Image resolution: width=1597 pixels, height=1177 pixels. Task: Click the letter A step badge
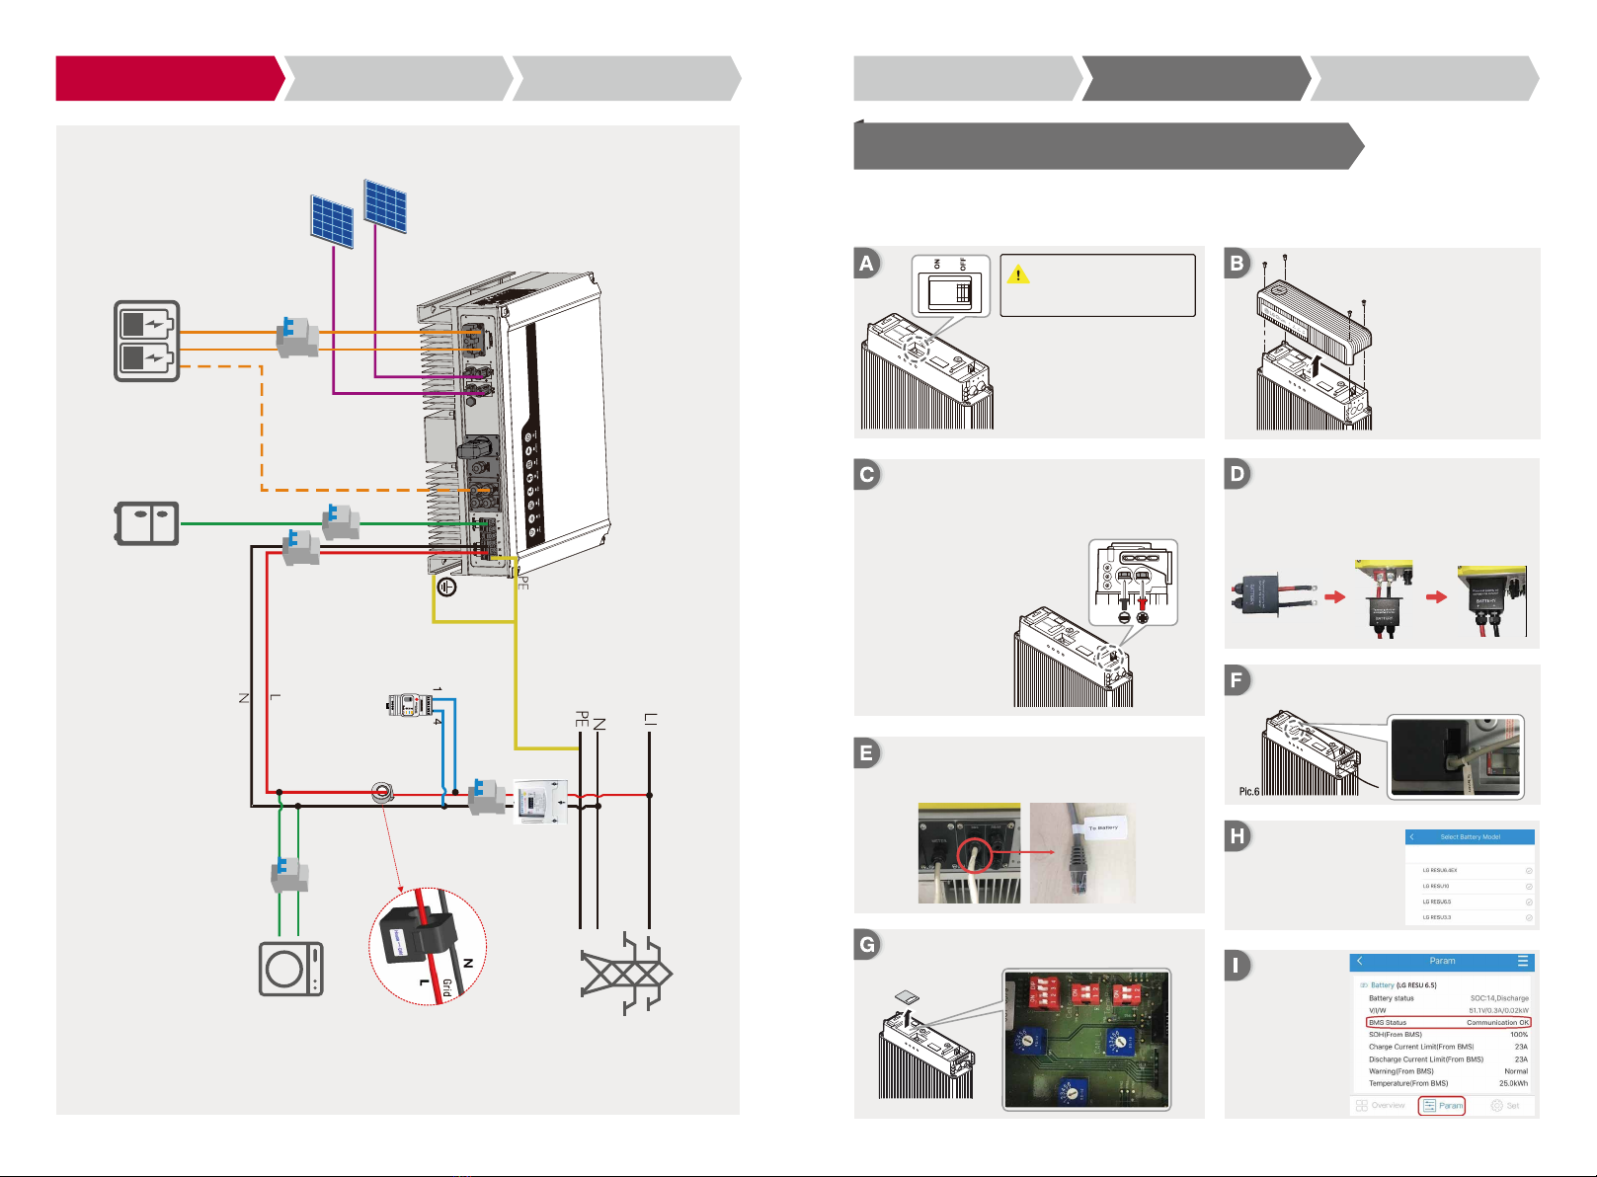[x=867, y=263]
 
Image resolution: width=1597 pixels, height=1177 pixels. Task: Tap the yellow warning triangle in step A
[x=1017, y=274]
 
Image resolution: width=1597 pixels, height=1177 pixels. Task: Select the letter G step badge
[x=867, y=945]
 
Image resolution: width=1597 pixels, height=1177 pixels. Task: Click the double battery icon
[x=147, y=341]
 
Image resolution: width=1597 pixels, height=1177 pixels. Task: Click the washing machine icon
[x=290, y=969]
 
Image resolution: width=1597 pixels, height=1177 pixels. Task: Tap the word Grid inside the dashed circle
[x=447, y=987]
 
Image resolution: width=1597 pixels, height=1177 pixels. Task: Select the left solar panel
[x=332, y=221]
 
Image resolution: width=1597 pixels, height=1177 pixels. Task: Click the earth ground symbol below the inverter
[x=446, y=587]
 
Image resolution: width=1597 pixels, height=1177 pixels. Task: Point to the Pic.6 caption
[x=1249, y=791]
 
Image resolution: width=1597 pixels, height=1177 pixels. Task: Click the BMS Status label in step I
[x=1388, y=1023]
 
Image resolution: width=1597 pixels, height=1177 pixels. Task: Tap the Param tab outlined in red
[x=1442, y=1106]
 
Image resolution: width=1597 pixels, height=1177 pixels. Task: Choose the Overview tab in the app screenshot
[x=1381, y=1106]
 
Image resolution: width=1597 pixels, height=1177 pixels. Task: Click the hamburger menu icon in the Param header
[x=1523, y=961]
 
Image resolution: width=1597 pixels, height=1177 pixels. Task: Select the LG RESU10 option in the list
[x=1436, y=886]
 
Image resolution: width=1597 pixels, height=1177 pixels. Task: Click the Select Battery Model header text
[x=1470, y=837]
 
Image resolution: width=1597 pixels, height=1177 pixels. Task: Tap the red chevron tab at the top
[x=169, y=79]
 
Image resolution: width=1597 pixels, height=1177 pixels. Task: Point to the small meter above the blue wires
[x=410, y=705]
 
